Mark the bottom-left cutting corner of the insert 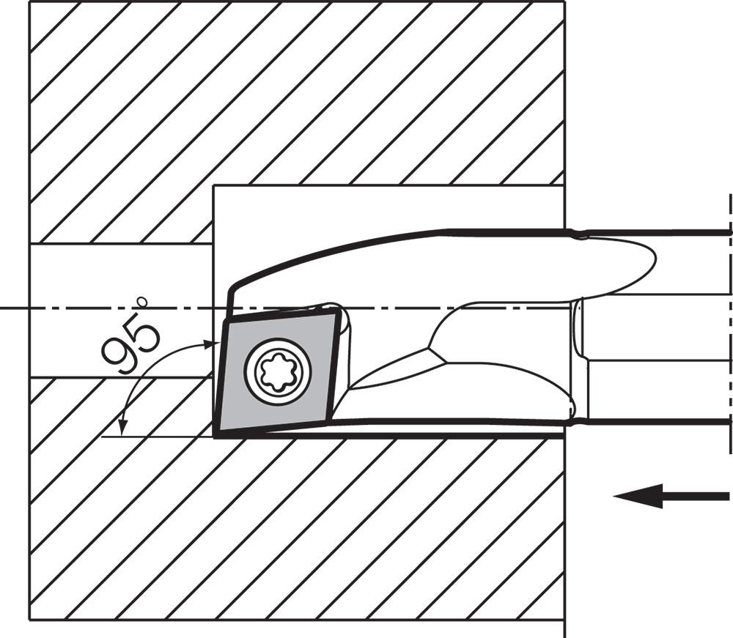pos(214,436)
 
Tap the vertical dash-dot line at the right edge pos(729,322)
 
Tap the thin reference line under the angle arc pos(157,437)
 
